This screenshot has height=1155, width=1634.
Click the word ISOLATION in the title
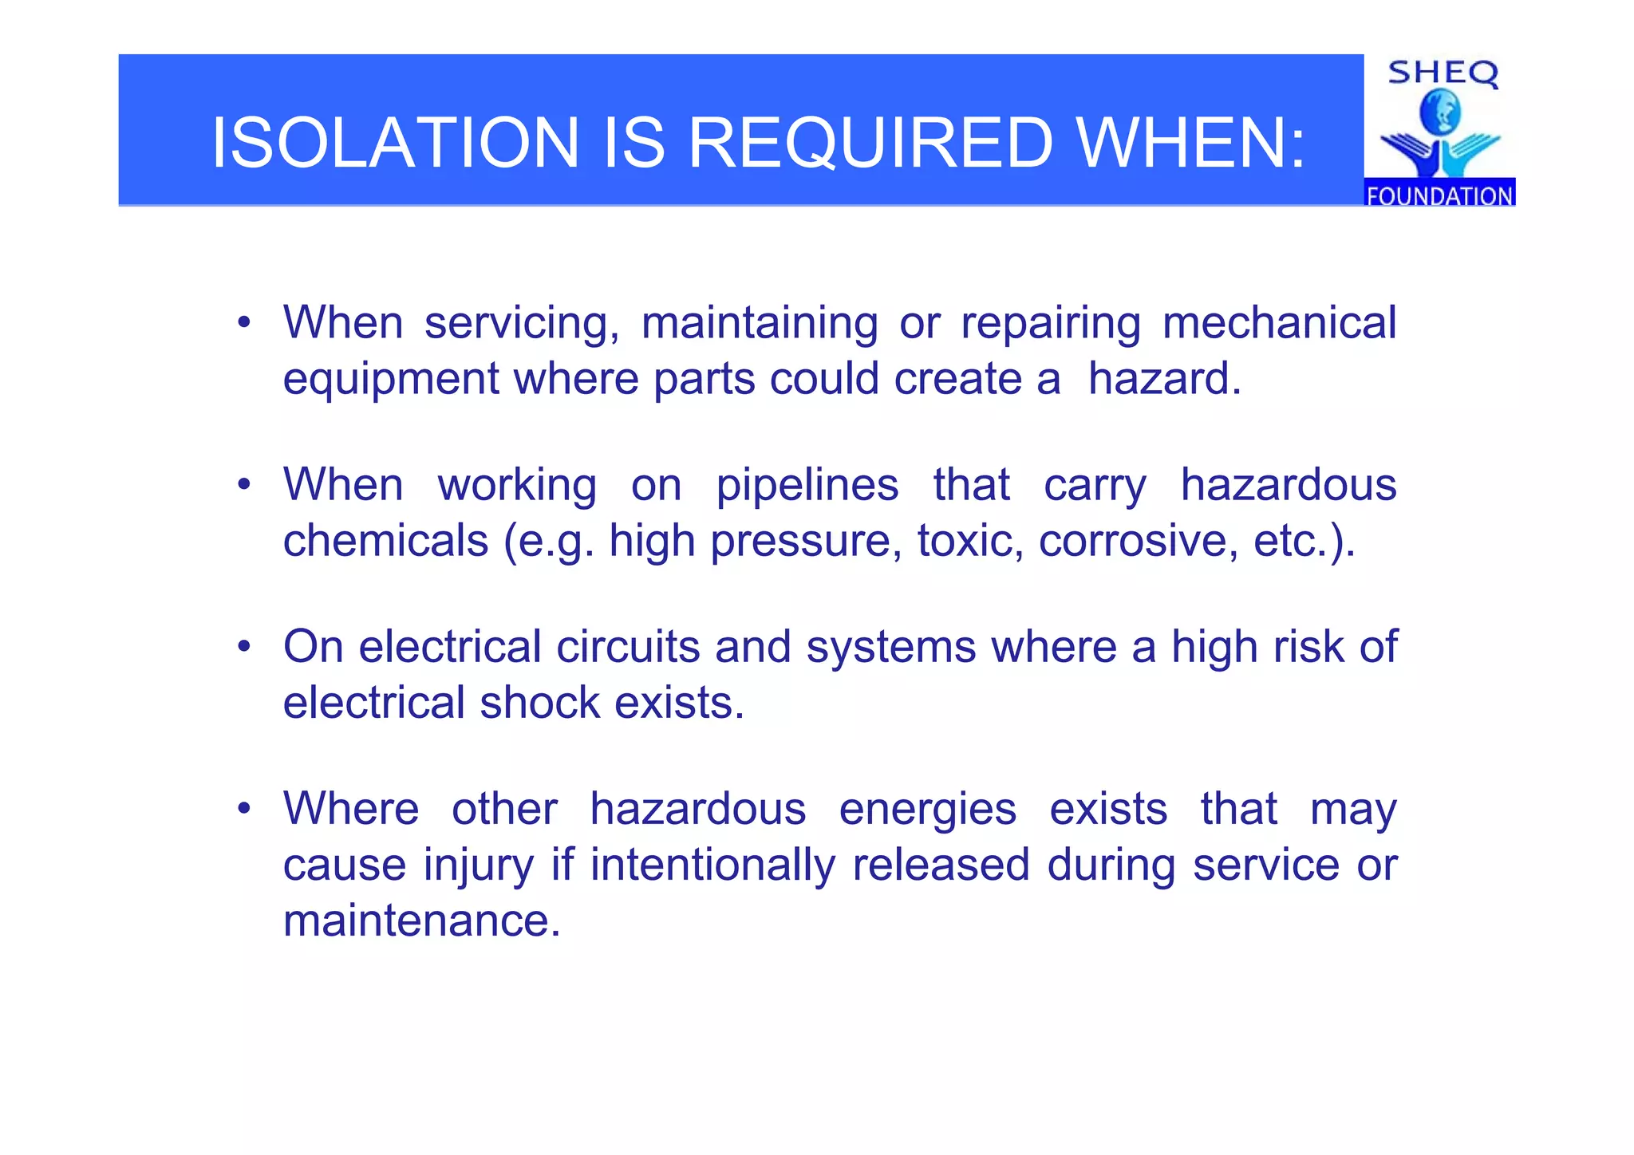(x=395, y=143)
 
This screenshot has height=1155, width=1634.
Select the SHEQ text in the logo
(x=1443, y=73)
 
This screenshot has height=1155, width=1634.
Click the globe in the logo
(x=1440, y=112)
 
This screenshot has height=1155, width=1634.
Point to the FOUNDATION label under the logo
(x=1439, y=195)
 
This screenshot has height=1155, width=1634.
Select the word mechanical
(x=1279, y=323)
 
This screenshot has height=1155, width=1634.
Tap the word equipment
(x=391, y=379)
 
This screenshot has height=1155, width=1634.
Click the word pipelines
(x=807, y=485)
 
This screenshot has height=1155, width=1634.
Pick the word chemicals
(x=385, y=541)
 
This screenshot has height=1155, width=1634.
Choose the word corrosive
(x=1139, y=541)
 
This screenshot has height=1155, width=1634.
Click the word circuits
(x=628, y=646)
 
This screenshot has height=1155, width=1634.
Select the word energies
(x=927, y=809)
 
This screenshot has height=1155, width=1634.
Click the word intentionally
(x=712, y=865)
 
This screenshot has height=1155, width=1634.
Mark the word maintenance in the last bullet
(x=422, y=920)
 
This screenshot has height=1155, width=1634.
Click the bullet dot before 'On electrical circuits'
(x=244, y=647)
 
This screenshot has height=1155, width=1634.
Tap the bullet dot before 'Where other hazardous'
(x=244, y=809)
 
